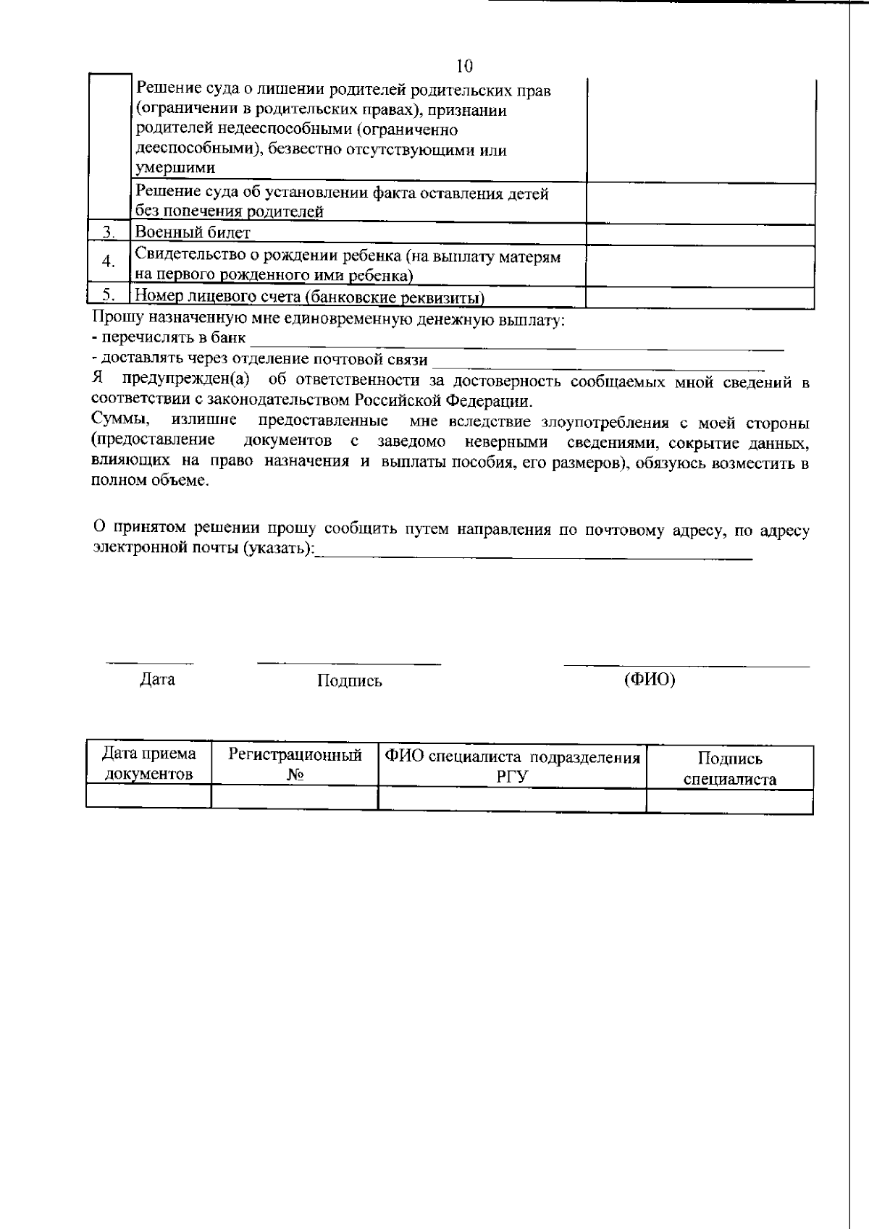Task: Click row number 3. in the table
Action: click(x=109, y=232)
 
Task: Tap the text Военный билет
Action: click(x=193, y=232)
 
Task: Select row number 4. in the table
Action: click(x=109, y=262)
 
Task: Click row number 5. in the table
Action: click(x=109, y=295)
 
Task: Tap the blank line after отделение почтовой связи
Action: click(x=597, y=363)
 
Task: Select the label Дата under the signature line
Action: click(x=157, y=680)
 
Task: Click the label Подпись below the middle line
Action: click(x=349, y=681)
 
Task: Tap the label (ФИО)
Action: click(x=650, y=680)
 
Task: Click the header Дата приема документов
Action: click(x=148, y=764)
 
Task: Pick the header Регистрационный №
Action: click(x=295, y=764)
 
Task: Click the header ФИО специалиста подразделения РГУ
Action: click(x=512, y=766)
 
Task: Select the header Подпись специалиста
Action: click(x=729, y=769)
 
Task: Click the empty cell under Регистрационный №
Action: click(x=295, y=798)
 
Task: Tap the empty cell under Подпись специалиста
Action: click(x=729, y=802)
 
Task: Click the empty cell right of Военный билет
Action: click(x=700, y=234)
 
